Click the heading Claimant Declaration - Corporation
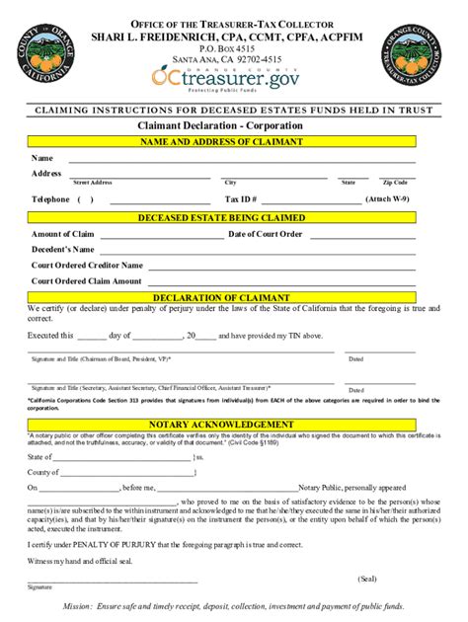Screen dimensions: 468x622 coord(233,127)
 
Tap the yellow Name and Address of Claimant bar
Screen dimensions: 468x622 coord(234,142)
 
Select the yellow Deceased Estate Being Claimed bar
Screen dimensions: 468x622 coord(234,217)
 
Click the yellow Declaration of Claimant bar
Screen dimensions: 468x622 coord(234,297)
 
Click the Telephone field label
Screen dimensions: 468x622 coord(50,198)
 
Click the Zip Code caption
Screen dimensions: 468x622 coord(395,183)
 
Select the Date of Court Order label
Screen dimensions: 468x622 coord(265,234)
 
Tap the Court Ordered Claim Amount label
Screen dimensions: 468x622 coord(87,281)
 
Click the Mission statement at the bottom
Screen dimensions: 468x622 coord(234,606)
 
